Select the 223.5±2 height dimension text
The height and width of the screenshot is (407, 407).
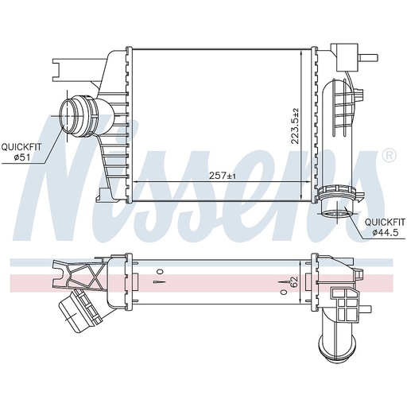[x=296, y=126]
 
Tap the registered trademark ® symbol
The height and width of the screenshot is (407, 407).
[x=389, y=156]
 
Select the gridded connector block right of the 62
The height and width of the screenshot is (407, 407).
[x=347, y=301]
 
